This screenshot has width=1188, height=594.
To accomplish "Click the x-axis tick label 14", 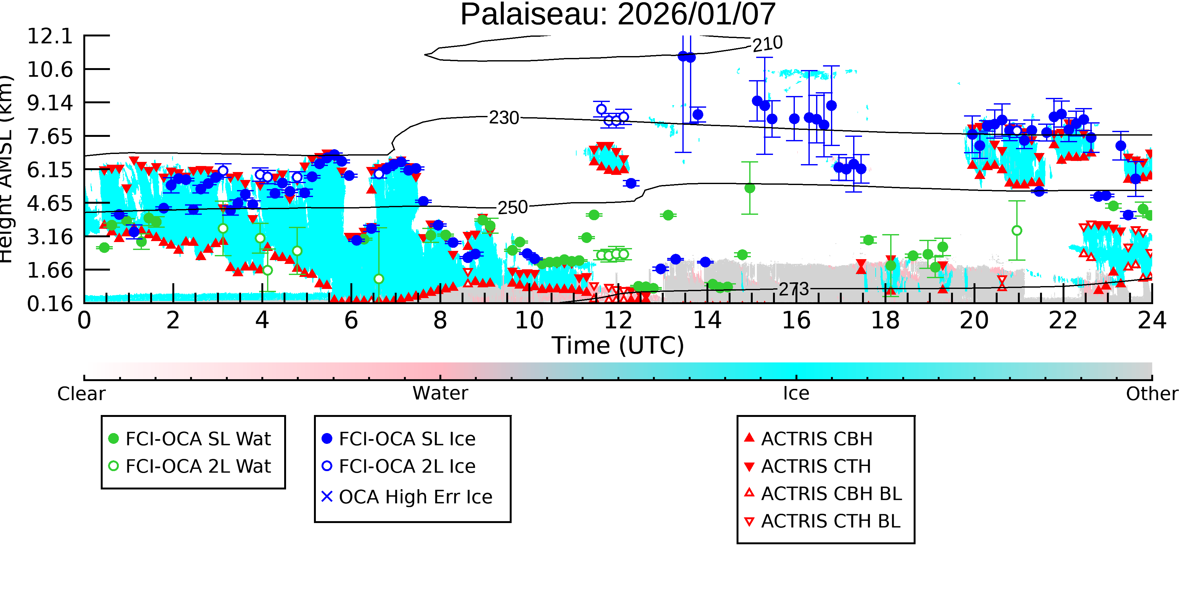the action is [x=707, y=321].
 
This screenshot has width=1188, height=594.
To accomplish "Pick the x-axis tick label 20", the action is [x=974, y=321].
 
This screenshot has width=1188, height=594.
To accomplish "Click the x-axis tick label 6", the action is [x=351, y=321].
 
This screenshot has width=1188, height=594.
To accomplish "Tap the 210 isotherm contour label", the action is [x=767, y=44].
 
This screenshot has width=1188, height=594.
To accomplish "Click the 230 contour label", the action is [x=504, y=118].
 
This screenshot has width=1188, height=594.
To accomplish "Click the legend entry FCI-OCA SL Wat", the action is [x=189, y=438].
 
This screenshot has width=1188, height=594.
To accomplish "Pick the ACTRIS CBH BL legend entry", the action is [x=823, y=494].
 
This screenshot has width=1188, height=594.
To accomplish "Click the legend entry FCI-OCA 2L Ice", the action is [x=399, y=466].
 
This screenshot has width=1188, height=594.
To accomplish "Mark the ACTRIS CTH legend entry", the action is [x=808, y=466].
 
